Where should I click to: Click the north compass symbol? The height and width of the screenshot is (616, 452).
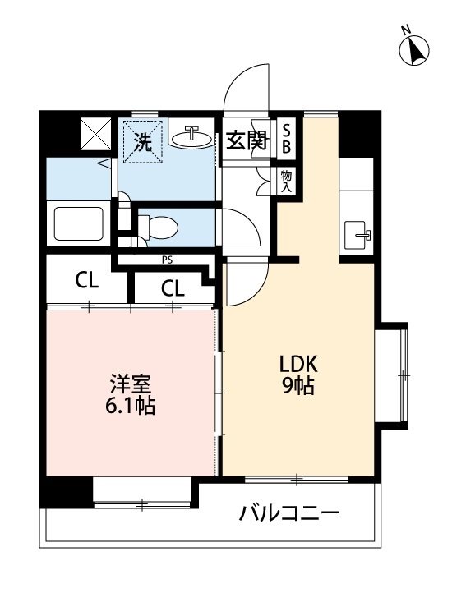tap(416, 50)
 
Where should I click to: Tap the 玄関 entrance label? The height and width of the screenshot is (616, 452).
tap(246, 140)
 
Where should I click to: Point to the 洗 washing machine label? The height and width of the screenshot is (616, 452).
tap(142, 141)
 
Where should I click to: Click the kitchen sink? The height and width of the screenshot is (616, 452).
tap(357, 233)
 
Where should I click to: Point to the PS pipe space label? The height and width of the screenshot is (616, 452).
tap(167, 261)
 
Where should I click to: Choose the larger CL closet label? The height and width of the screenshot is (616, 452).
tap(87, 280)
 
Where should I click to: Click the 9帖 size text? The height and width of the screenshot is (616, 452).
tap(297, 386)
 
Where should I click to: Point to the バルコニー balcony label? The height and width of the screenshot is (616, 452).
tap(289, 515)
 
